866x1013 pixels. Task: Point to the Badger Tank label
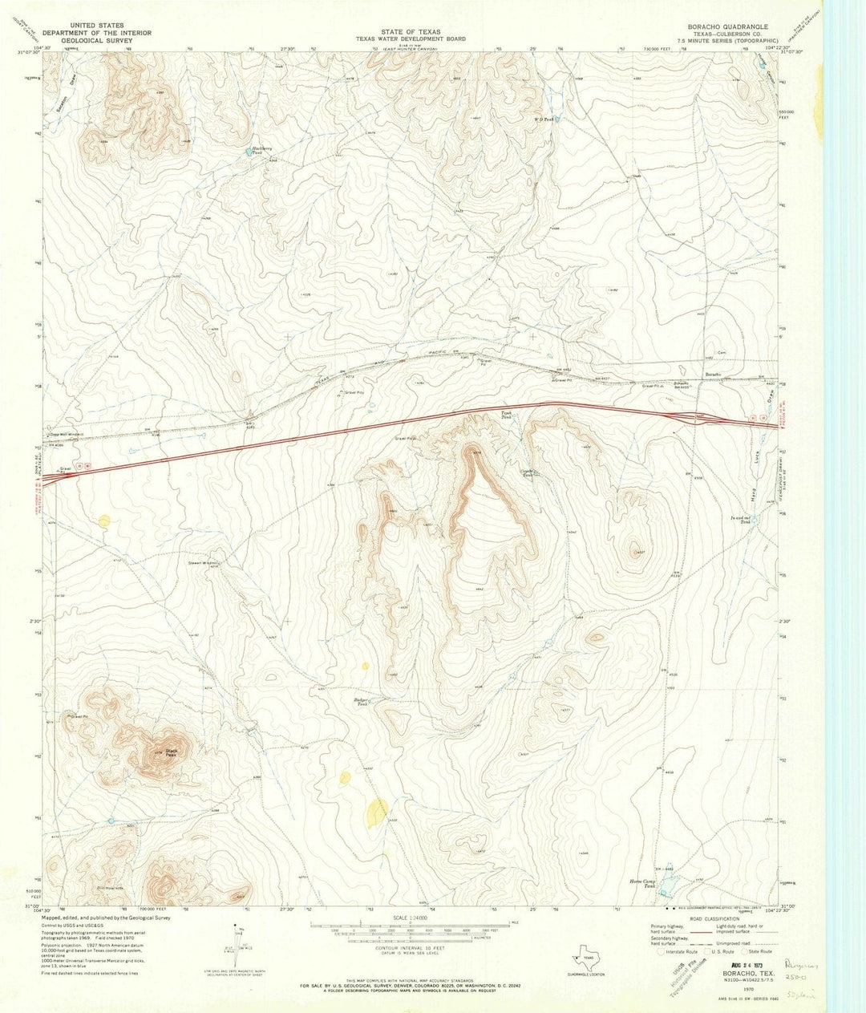pyautogui.click(x=361, y=701)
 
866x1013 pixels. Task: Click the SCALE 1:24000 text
pyautogui.click(x=412, y=918)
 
